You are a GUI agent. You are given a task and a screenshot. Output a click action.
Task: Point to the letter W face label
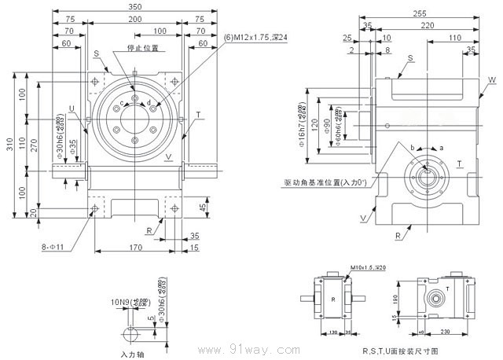point(491,80)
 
